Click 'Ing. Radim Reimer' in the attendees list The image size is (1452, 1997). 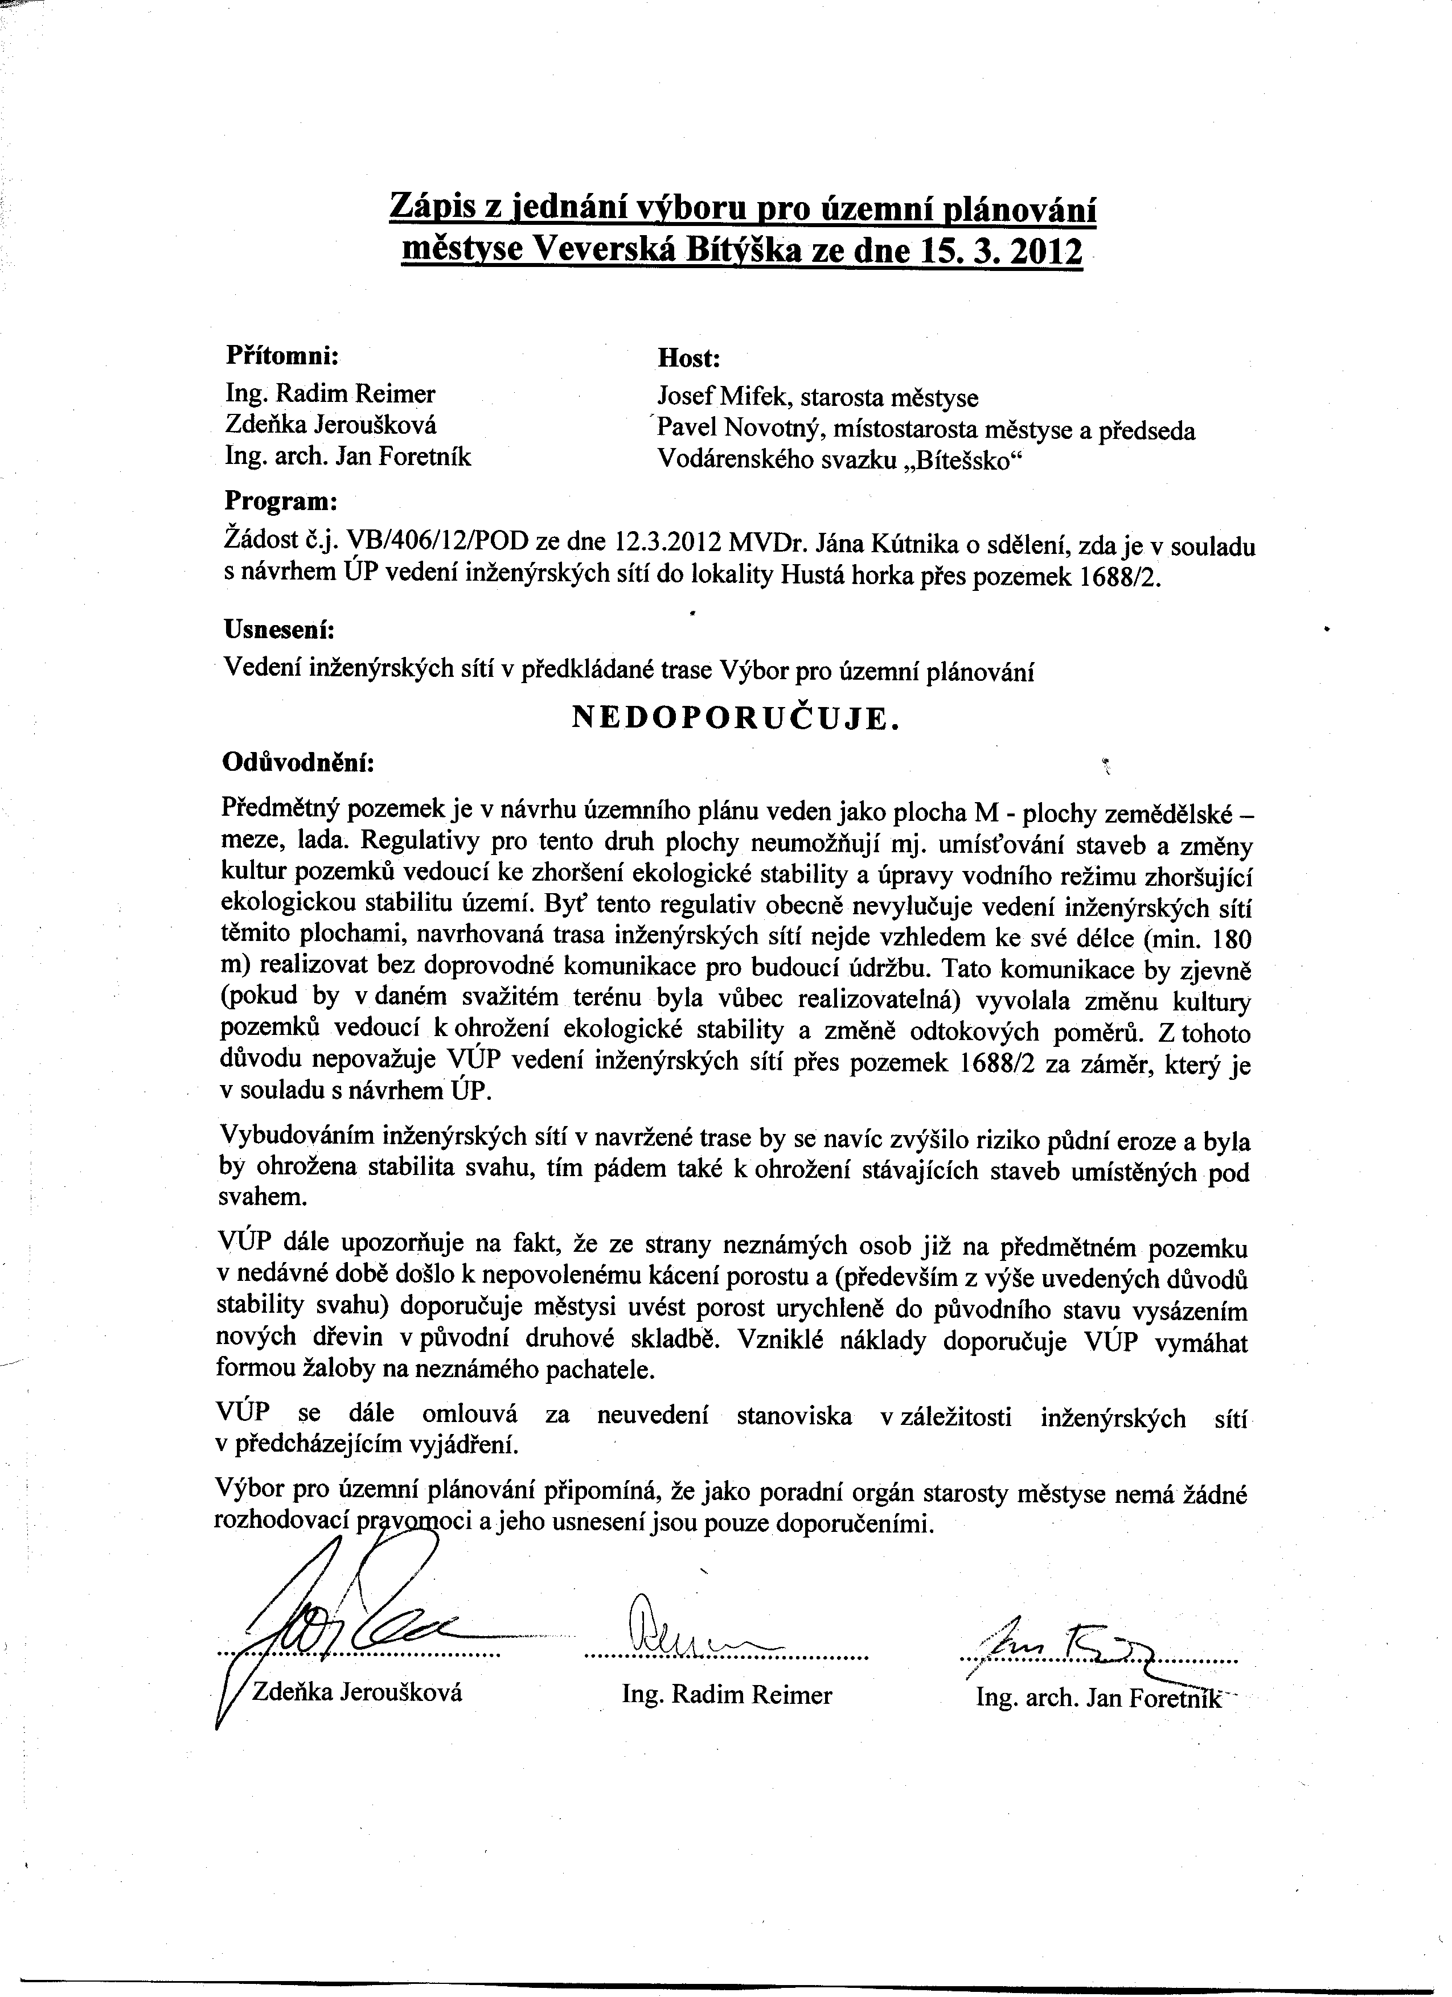(x=330, y=393)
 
